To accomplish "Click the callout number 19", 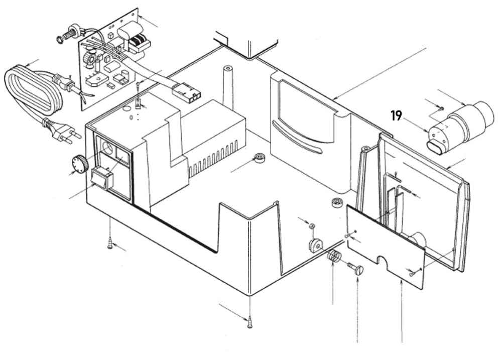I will coord(396,116).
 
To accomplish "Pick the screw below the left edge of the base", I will coord(110,244).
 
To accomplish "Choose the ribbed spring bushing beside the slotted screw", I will coord(334,258).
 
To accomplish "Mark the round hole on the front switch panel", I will coord(107,149).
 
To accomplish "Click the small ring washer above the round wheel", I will coord(311,226).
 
